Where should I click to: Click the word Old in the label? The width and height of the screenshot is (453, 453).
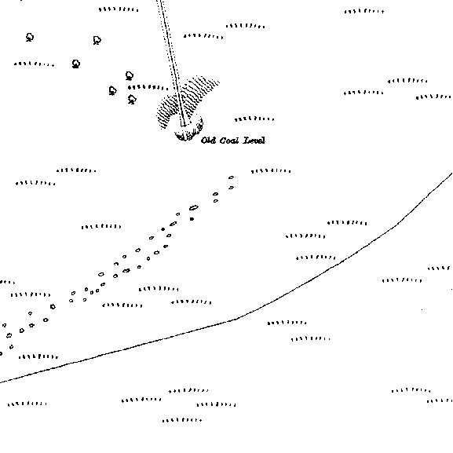208,141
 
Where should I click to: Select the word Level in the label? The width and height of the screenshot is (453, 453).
254,141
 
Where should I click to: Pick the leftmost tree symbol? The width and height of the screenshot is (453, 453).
30,37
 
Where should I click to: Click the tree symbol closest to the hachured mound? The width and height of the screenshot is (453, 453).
132,100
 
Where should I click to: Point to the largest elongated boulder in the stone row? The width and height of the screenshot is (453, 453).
194,207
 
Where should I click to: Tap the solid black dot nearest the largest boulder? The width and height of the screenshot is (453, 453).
192,219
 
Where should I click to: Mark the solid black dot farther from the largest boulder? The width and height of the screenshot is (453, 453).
163,229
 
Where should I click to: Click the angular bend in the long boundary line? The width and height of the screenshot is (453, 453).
236,319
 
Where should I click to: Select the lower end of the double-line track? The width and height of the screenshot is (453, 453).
184,126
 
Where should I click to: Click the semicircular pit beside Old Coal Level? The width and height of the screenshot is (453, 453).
188,131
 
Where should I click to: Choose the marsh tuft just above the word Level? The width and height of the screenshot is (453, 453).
254,119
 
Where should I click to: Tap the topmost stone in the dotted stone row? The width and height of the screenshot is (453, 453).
231,177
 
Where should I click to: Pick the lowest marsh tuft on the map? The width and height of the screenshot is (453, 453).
182,420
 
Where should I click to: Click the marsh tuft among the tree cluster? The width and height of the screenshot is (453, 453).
148,87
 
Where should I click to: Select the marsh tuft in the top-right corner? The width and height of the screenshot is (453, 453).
364,12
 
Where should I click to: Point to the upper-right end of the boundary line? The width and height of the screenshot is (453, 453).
452,173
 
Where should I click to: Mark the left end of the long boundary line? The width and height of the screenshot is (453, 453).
1,382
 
